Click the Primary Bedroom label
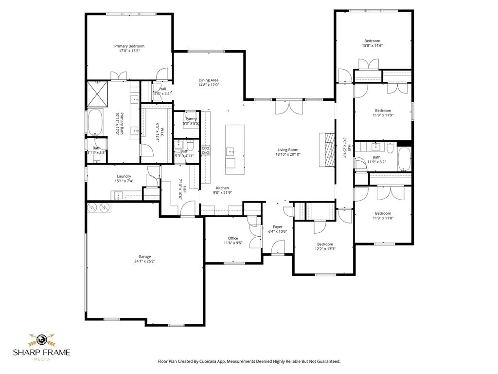pos(129,46)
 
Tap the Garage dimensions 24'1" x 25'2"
pos(144,262)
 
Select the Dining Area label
pos(208,80)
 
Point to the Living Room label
pos(287,150)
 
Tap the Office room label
pos(233,238)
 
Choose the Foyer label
pos(277,226)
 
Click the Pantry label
pos(191,119)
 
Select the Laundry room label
pos(124,176)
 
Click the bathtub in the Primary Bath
pos(95,122)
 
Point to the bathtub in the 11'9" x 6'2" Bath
pos(405,158)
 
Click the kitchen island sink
pos(230,151)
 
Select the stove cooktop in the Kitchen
pos(205,150)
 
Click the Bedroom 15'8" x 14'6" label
pos(372,41)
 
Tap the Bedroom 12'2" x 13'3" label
pos(325,244)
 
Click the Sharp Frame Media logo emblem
pos(41,339)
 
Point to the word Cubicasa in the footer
pos(213,361)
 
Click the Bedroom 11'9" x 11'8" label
pos(382,213)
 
